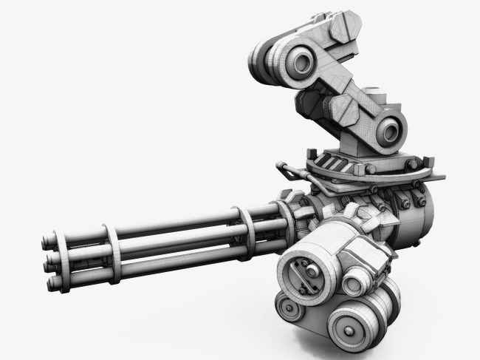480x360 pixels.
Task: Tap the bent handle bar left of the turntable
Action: pos(291,171)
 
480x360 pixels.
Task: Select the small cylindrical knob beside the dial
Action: pos(357,280)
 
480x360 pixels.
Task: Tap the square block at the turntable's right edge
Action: pos(439,174)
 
